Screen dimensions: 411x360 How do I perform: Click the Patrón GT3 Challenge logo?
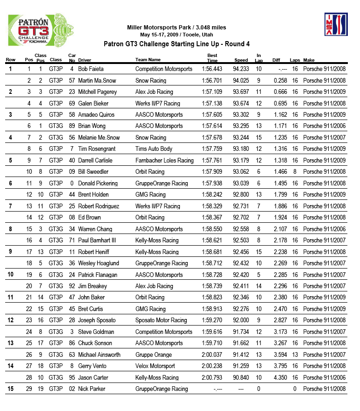click(x=41, y=30)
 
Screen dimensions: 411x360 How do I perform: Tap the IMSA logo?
click(x=336, y=25)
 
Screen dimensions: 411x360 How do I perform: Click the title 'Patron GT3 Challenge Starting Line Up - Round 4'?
click(x=176, y=44)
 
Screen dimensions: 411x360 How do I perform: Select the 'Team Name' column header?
click(x=148, y=60)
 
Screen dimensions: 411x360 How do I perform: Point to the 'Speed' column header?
click(x=241, y=60)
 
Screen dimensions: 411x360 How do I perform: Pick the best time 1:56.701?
click(x=212, y=80)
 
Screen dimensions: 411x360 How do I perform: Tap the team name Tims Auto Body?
click(x=154, y=149)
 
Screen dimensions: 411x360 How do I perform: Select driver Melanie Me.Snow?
click(x=99, y=138)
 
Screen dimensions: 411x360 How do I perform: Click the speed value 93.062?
click(x=241, y=172)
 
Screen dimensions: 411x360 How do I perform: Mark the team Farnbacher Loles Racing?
click(x=164, y=161)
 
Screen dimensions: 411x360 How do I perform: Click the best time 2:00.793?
click(x=212, y=378)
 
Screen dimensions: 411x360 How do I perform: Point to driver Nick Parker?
click(x=92, y=389)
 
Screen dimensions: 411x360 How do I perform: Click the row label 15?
click(x=10, y=389)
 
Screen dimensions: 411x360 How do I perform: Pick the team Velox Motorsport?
click(x=155, y=366)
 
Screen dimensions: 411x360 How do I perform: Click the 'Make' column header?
click(x=309, y=60)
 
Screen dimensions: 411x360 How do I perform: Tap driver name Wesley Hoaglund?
click(x=99, y=263)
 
